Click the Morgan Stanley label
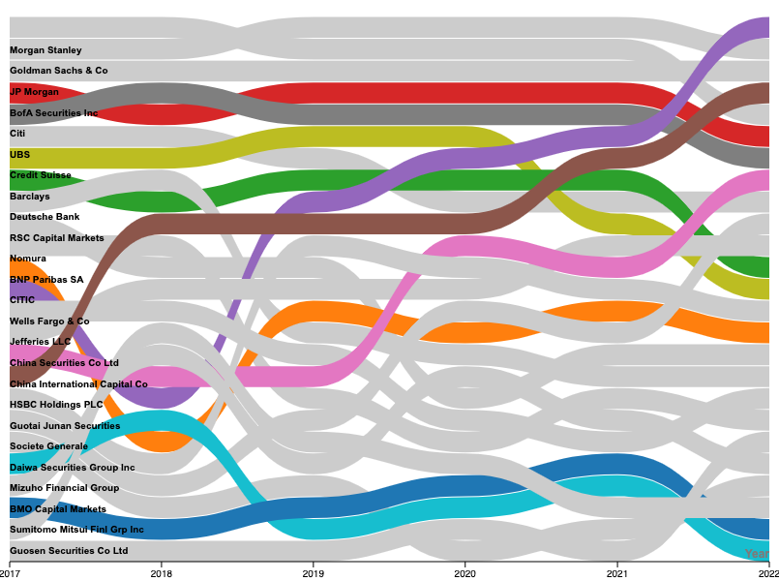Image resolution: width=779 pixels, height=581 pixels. pyautogui.click(x=45, y=50)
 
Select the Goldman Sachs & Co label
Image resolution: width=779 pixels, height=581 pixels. pyautogui.click(x=58, y=71)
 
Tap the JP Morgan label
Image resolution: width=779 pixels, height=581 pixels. pyautogui.click(x=34, y=92)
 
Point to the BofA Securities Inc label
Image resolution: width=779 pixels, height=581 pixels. pyautogui.click(x=53, y=113)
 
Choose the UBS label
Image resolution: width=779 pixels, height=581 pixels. pyautogui.click(x=19, y=155)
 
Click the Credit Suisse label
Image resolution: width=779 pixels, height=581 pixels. pyautogui.click(x=40, y=175)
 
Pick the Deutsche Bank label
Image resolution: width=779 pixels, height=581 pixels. pyautogui.click(x=45, y=217)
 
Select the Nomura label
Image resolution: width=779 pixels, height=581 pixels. pyautogui.click(x=28, y=259)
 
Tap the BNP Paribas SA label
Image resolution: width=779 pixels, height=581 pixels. pyautogui.click(x=46, y=280)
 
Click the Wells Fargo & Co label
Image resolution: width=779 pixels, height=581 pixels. pyautogui.click(x=49, y=321)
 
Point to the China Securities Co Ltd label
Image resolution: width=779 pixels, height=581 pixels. pyautogui.click(x=64, y=363)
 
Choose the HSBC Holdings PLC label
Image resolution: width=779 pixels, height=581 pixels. pyautogui.click(x=56, y=405)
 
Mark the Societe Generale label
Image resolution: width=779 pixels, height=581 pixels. pyautogui.click(x=48, y=446)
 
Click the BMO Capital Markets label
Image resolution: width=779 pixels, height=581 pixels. pyautogui.click(x=58, y=509)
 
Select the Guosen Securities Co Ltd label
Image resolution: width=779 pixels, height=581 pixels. pyautogui.click(x=69, y=551)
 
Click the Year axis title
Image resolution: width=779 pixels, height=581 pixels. pyautogui.click(x=756, y=554)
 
